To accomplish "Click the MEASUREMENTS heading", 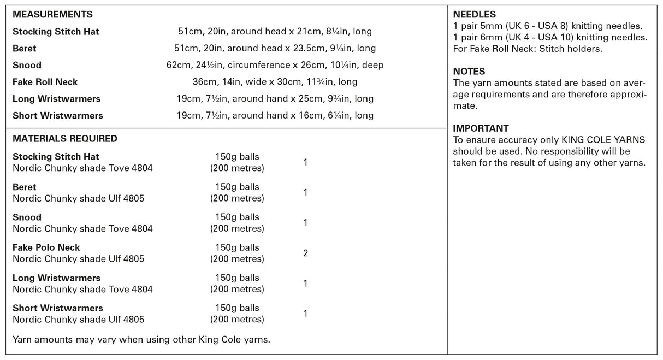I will (52, 15).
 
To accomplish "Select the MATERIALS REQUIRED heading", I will (64, 139).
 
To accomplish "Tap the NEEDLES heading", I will (475, 15).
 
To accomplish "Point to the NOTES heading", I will (469, 72).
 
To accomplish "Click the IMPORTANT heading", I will (481, 128).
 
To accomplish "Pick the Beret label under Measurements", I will (25, 49).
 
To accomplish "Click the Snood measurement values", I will (275, 66).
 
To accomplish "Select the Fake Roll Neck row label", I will (45, 82).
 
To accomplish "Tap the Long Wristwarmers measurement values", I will (275, 99).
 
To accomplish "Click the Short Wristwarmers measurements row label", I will (58, 116).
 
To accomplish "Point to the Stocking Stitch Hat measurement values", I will (275, 32).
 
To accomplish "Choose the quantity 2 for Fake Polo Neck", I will (305, 253).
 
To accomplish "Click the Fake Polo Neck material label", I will (46, 247).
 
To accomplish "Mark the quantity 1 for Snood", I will (305, 223).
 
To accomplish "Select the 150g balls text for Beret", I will (237, 187).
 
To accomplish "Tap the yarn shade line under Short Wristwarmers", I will (78, 320).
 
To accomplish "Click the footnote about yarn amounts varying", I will (141, 340).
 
